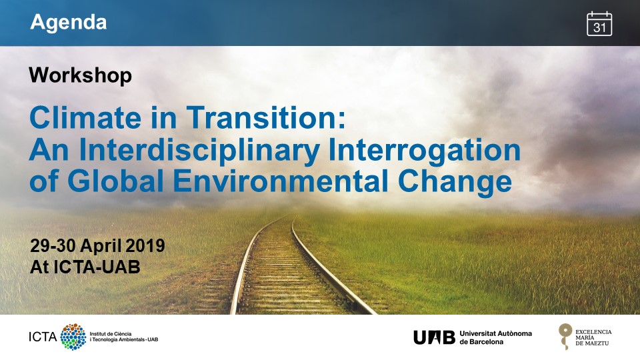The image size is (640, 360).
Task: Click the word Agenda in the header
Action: click(x=68, y=23)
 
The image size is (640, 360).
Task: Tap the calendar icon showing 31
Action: click(x=599, y=24)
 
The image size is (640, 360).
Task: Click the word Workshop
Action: click(x=81, y=75)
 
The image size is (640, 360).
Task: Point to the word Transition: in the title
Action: click(x=266, y=117)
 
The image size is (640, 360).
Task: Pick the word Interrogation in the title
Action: click(x=425, y=150)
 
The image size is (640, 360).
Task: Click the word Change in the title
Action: click(x=455, y=182)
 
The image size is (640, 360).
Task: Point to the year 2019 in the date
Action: click(x=145, y=246)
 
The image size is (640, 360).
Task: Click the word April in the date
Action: click(x=101, y=247)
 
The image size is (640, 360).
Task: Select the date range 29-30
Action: click(x=53, y=246)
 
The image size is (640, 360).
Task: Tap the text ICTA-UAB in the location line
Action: click(x=97, y=267)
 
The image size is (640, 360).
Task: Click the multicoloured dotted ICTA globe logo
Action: click(x=73, y=337)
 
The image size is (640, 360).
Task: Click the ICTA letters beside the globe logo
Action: click(x=43, y=337)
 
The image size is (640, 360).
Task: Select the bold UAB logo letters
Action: click(x=434, y=337)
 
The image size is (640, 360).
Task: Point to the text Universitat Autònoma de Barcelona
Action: click(x=495, y=337)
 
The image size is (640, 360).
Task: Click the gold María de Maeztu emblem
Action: click(x=565, y=336)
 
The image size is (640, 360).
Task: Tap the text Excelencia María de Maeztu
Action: click(x=593, y=337)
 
